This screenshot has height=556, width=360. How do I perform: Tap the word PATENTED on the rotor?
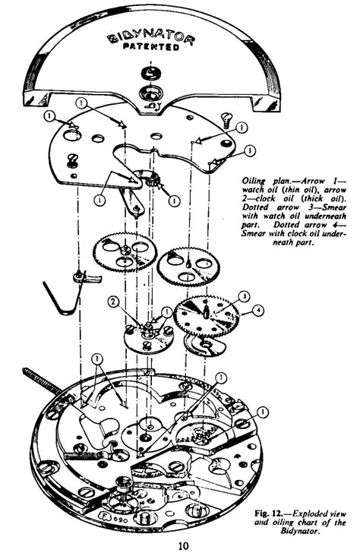[154, 48]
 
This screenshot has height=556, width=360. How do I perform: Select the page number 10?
[183, 545]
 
